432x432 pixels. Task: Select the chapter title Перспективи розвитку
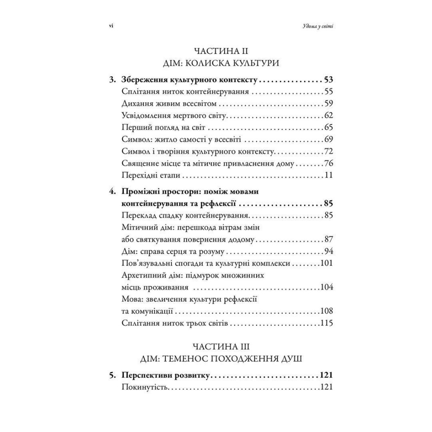(165, 375)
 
